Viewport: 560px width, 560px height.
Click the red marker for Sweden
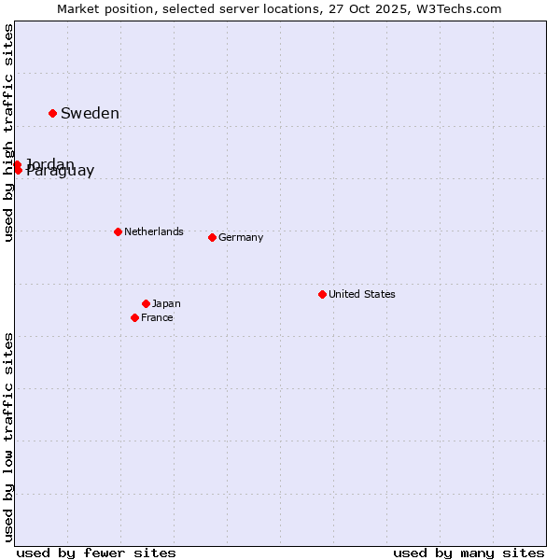click(x=52, y=113)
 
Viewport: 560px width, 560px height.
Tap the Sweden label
click(x=90, y=114)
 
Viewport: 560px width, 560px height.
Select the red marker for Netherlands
click(x=118, y=231)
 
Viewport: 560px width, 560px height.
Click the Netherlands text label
click(x=154, y=231)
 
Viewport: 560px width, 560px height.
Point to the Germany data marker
click(x=212, y=237)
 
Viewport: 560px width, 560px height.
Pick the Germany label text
click(x=241, y=237)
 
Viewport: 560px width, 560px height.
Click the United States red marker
click(x=322, y=294)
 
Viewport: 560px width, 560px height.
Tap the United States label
click(x=362, y=294)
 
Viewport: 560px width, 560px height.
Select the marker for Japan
click(x=146, y=303)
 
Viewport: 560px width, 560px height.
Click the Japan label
click(x=166, y=303)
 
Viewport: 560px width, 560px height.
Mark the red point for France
click(x=134, y=317)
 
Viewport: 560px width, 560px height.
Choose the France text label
click(x=157, y=317)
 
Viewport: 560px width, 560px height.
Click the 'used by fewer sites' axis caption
click(x=96, y=553)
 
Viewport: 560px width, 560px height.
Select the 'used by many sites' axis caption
click(x=469, y=553)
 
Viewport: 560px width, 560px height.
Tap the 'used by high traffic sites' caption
click(x=9, y=133)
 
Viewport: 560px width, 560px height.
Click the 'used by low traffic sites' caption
click(x=9, y=437)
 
